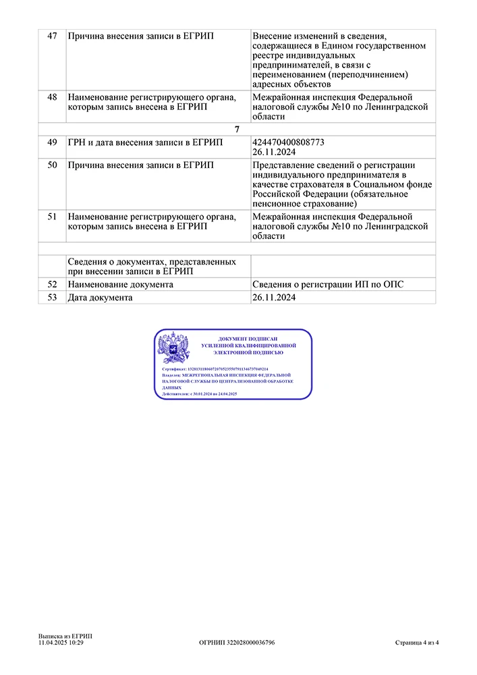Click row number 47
[52, 35]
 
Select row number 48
[52, 97]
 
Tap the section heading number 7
[237, 129]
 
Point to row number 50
[52, 166]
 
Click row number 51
[52, 217]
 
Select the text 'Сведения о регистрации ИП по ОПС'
[328, 285]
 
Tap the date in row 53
[275, 298]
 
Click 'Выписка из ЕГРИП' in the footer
[65, 636]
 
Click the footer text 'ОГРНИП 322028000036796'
[237, 643]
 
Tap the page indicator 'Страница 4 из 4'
[417, 643]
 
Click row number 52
[52, 285]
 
